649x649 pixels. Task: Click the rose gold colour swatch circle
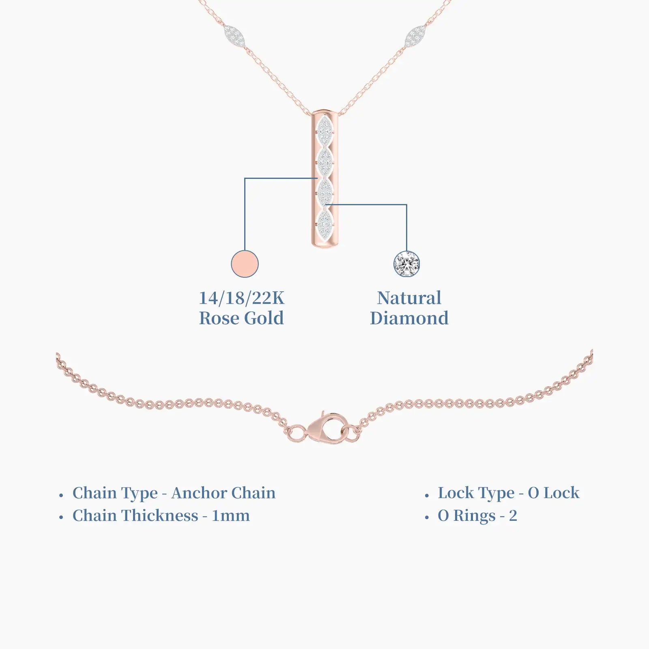point(245,264)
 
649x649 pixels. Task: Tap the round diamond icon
point(406,264)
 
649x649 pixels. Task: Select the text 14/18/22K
point(241,298)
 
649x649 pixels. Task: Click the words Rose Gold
point(241,318)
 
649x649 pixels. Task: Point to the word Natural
point(409,298)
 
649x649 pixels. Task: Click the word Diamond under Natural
point(409,318)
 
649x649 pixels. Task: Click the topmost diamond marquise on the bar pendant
point(325,131)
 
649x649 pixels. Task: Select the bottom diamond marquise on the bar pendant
point(325,223)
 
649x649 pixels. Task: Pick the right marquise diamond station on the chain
point(415,36)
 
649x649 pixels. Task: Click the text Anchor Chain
point(223,493)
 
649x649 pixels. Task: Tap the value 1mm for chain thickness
point(230,516)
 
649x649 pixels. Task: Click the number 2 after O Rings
point(513,516)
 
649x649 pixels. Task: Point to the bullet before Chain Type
point(61,495)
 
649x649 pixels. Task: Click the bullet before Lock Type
point(427,495)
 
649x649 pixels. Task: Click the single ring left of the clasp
point(298,434)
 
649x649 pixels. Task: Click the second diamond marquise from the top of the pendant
point(325,162)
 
